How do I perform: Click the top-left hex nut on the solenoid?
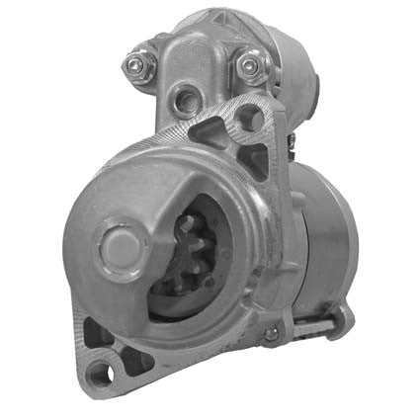point(135,67)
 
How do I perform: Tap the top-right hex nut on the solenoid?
point(251,65)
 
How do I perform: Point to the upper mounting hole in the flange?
point(251,119)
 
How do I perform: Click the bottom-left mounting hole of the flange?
point(98,372)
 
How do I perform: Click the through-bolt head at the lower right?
point(271,334)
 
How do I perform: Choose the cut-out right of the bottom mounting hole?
point(136,363)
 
